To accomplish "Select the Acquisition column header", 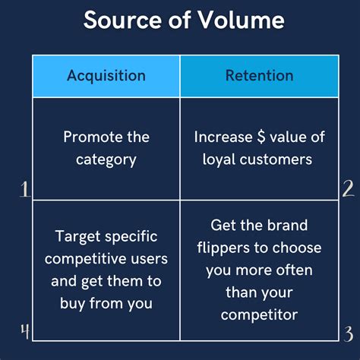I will click(106, 75).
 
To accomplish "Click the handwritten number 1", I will click(24, 188).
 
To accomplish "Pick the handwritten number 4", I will click(24, 331).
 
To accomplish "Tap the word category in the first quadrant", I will click(106, 159).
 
